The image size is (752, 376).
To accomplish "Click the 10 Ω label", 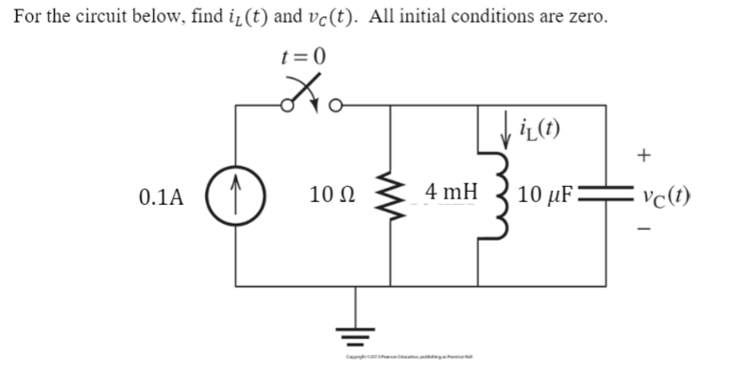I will coord(331,197).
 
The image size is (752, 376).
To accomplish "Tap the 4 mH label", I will coord(450,193).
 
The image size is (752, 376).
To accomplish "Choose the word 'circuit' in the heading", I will coord(120,18).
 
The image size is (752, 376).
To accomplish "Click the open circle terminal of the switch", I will coord(318,105).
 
